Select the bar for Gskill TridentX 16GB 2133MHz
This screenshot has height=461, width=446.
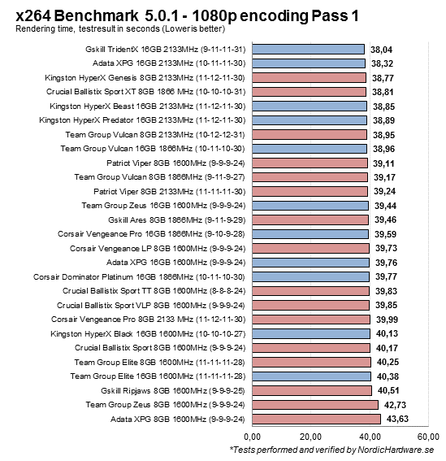coord(308,49)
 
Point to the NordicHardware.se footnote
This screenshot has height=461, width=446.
coord(332,450)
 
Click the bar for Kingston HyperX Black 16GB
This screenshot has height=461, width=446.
coord(312,333)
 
